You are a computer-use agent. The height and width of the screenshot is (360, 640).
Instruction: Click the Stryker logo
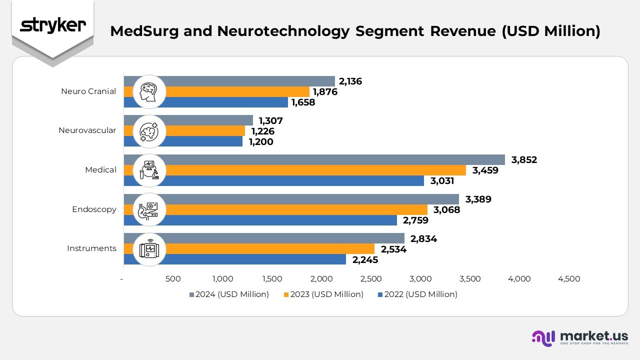click(53, 25)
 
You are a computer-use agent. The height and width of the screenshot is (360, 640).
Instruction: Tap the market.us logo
click(579, 337)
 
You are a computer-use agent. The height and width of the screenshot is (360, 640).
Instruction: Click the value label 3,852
click(524, 160)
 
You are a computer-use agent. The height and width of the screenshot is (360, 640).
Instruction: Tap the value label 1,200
click(261, 142)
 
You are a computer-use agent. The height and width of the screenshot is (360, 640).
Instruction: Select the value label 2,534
click(393, 249)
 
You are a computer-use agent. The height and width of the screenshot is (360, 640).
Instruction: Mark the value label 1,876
click(325, 92)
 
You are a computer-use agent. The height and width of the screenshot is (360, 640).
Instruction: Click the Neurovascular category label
click(87, 130)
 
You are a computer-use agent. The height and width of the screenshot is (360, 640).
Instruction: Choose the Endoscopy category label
click(94, 209)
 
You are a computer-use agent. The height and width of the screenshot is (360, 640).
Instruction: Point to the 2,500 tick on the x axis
click(371, 279)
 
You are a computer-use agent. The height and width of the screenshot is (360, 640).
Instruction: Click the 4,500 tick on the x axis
click(569, 279)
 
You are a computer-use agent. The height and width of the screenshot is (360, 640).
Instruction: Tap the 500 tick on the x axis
click(173, 279)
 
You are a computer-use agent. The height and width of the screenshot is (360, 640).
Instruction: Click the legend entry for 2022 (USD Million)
click(417, 294)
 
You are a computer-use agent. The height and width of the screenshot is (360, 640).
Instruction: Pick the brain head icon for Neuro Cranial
click(149, 91)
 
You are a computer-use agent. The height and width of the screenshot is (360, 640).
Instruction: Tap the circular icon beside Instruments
click(149, 248)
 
